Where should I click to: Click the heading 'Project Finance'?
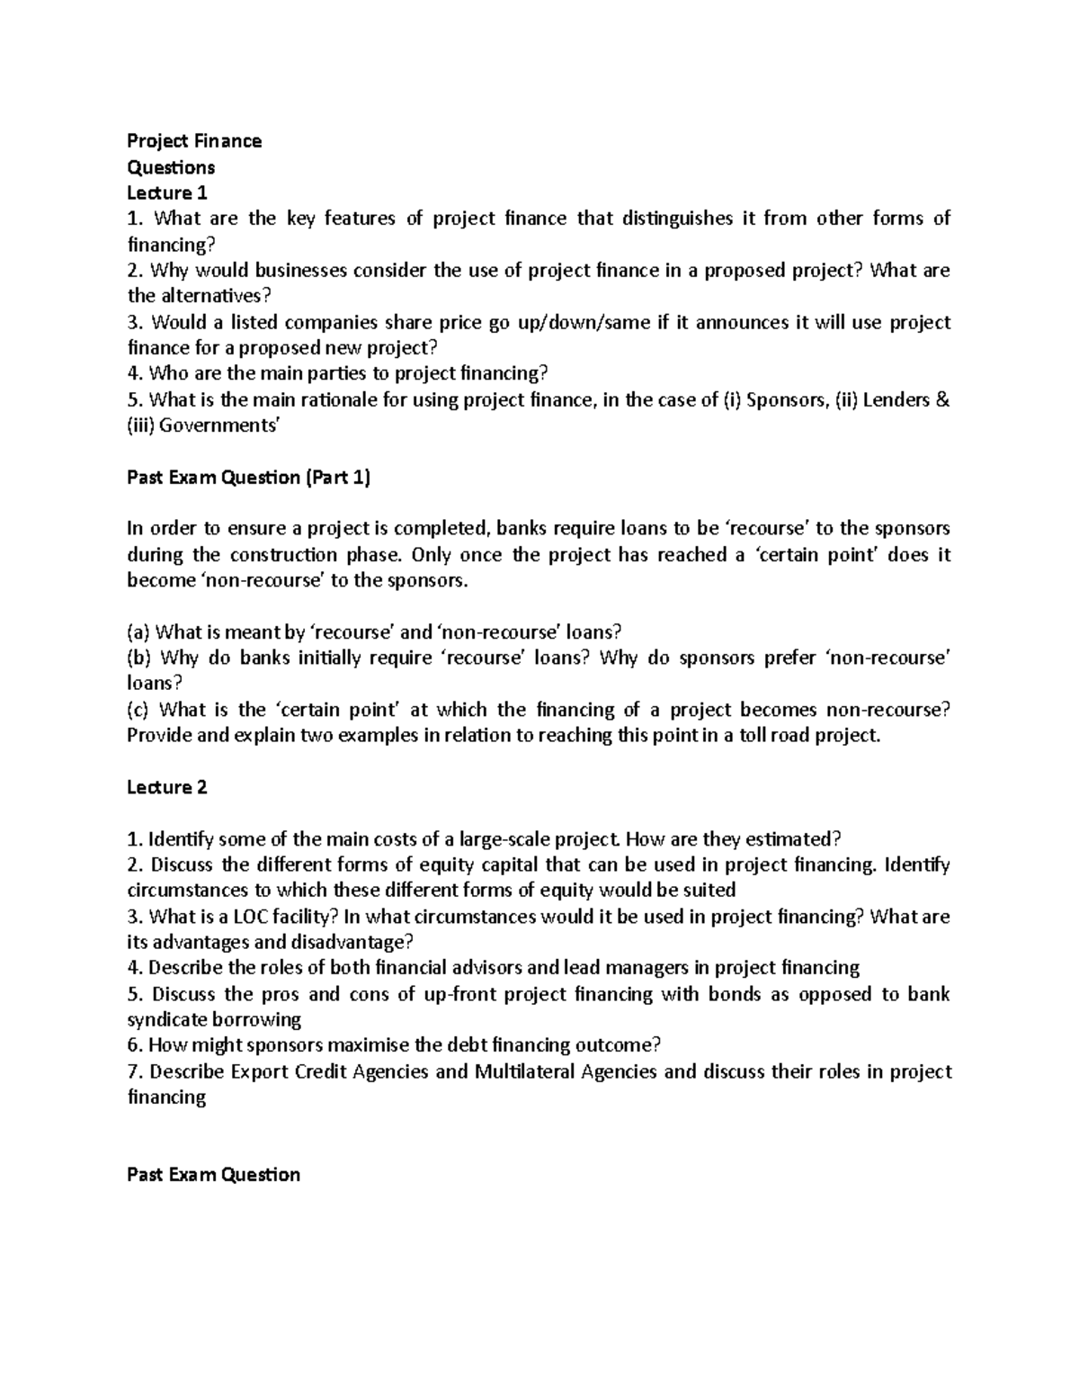point(194,140)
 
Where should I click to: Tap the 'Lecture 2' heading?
point(167,787)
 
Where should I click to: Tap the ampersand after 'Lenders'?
point(942,399)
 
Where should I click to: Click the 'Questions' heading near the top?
point(171,167)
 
